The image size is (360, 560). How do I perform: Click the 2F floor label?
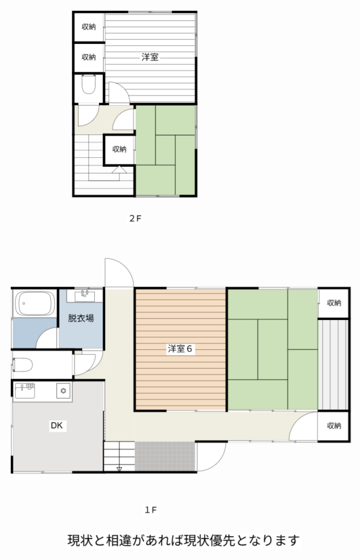pyautogui.click(x=136, y=218)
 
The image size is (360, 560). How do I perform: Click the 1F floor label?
pyautogui.click(x=151, y=510)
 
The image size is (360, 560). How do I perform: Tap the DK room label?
pyautogui.click(x=57, y=426)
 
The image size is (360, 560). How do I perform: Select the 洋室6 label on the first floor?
pyautogui.click(x=180, y=349)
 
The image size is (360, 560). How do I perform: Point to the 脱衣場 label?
pyautogui.click(x=81, y=318)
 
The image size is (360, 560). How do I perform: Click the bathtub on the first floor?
pyautogui.click(x=35, y=304)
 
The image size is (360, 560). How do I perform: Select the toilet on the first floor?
pyautogui.click(x=23, y=365)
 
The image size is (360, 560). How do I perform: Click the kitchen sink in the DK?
pyautogui.click(x=25, y=390)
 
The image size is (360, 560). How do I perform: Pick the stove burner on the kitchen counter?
pyautogui.click(x=64, y=391)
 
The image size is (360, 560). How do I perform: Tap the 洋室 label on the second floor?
pyautogui.click(x=150, y=57)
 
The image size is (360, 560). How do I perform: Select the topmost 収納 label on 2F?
pyautogui.click(x=89, y=27)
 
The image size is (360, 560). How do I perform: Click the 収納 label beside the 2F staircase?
pyautogui.click(x=119, y=149)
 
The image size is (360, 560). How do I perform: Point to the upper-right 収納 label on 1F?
pyautogui.click(x=334, y=303)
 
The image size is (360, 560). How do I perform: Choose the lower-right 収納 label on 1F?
pyautogui.click(x=334, y=426)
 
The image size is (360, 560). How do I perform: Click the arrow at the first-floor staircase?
pyautogui.click(x=119, y=469)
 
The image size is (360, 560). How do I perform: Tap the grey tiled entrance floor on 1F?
pyautogui.click(x=166, y=456)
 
